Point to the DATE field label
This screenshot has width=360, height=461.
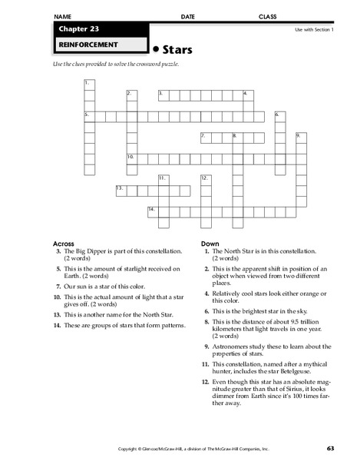187,15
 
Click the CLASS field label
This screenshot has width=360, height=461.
267,15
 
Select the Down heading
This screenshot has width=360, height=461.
210,244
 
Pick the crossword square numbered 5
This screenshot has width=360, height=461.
89,115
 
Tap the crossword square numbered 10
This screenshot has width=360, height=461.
132,158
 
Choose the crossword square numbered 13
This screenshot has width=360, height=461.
121,189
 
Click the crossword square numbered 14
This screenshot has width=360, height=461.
153,210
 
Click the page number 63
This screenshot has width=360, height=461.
329,447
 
